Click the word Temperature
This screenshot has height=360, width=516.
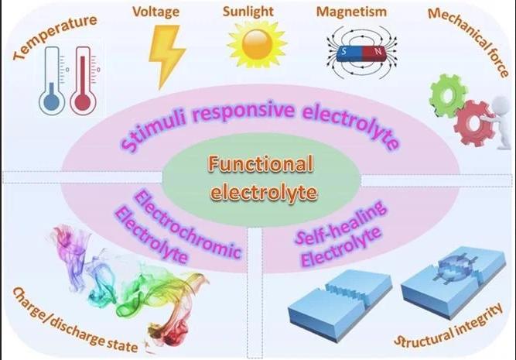tap(55, 37)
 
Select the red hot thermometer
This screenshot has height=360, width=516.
tap(83, 81)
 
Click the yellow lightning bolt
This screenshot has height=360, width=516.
tap(166, 56)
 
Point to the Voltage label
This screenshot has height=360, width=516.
tap(156, 12)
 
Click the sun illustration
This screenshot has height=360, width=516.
tap(257, 44)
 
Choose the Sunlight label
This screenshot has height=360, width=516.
tap(248, 12)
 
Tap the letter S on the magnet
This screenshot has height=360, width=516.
tap(344, 51)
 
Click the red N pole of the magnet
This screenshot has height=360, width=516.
tap(377, 53)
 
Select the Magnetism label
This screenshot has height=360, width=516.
tap(351, 12)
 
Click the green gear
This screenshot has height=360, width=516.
tap(448, 95)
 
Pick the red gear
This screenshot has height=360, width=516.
tap(474, 122)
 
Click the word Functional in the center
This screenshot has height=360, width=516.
tap(261, 163)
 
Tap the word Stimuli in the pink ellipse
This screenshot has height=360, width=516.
tap(154, 131)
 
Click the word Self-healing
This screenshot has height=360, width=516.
tap(341, 223)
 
